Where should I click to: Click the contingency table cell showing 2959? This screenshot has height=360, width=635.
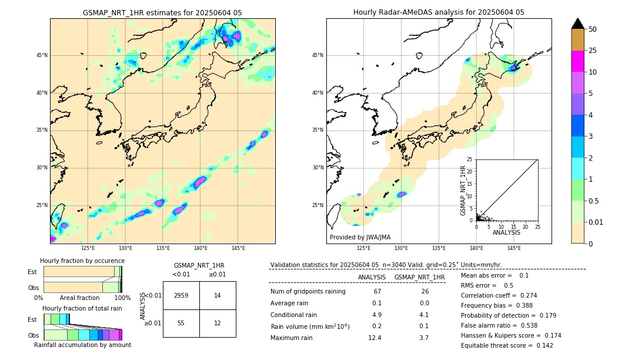coord(181,295)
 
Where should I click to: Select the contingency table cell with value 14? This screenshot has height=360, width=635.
coord(218,295)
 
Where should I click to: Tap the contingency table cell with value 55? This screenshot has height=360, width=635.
coord(181,324)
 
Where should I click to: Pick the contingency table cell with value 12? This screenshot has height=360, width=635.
coord(218,324)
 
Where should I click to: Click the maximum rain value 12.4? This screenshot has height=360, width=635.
coord(376,338)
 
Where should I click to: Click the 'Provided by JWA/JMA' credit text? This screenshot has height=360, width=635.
coord(360,237)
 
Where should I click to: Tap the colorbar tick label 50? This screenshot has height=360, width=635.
coord(593,29)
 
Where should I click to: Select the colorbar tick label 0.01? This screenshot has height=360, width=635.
coord(596,222)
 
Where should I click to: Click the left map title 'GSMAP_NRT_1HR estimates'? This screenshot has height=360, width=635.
coord(162,12)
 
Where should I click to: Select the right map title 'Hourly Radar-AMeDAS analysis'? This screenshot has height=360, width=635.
coord(439,12)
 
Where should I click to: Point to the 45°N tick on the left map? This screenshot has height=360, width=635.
coord(42,55)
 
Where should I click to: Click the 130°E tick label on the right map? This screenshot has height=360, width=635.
coord(402,248)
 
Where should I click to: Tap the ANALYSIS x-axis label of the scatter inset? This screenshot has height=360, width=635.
coord(506,232)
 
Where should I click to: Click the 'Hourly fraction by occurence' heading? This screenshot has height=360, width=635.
coord(82,261)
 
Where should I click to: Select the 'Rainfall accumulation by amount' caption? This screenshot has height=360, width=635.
coord(83,345)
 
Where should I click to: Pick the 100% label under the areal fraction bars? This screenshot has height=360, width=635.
coord(122,298)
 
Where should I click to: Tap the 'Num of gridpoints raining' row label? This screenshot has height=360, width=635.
coord(308,291)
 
